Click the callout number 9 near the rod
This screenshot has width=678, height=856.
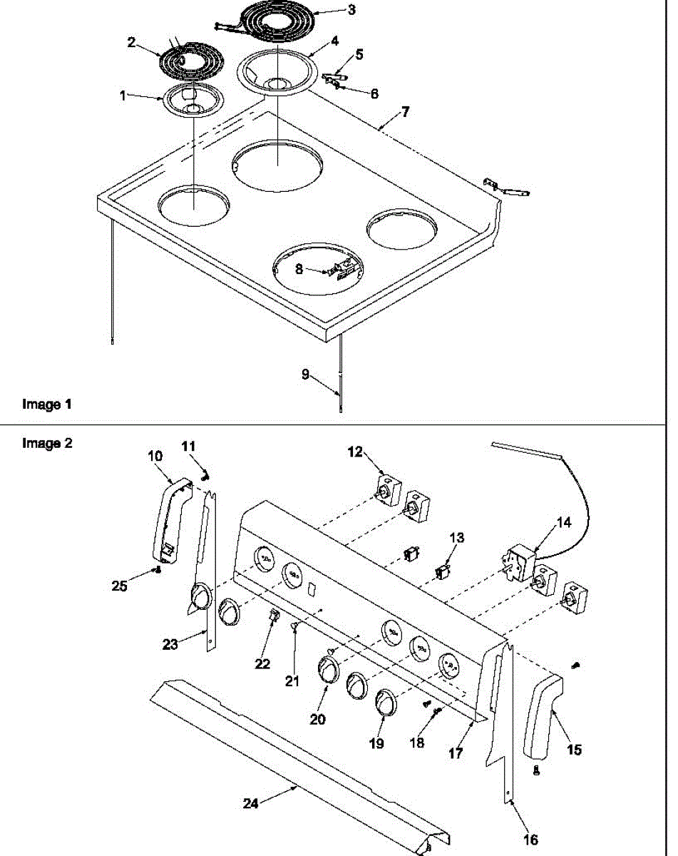tap(305, 374)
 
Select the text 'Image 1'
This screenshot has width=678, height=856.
tap(47, 404)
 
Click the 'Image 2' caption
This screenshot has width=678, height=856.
tap(47, 443)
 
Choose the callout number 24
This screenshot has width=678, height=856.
tap(250, 802)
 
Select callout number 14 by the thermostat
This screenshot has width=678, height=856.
tap(564, 522)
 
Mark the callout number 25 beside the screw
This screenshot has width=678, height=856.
tap(120, 585)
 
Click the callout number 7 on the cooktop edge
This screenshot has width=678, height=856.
tap(405, 112)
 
